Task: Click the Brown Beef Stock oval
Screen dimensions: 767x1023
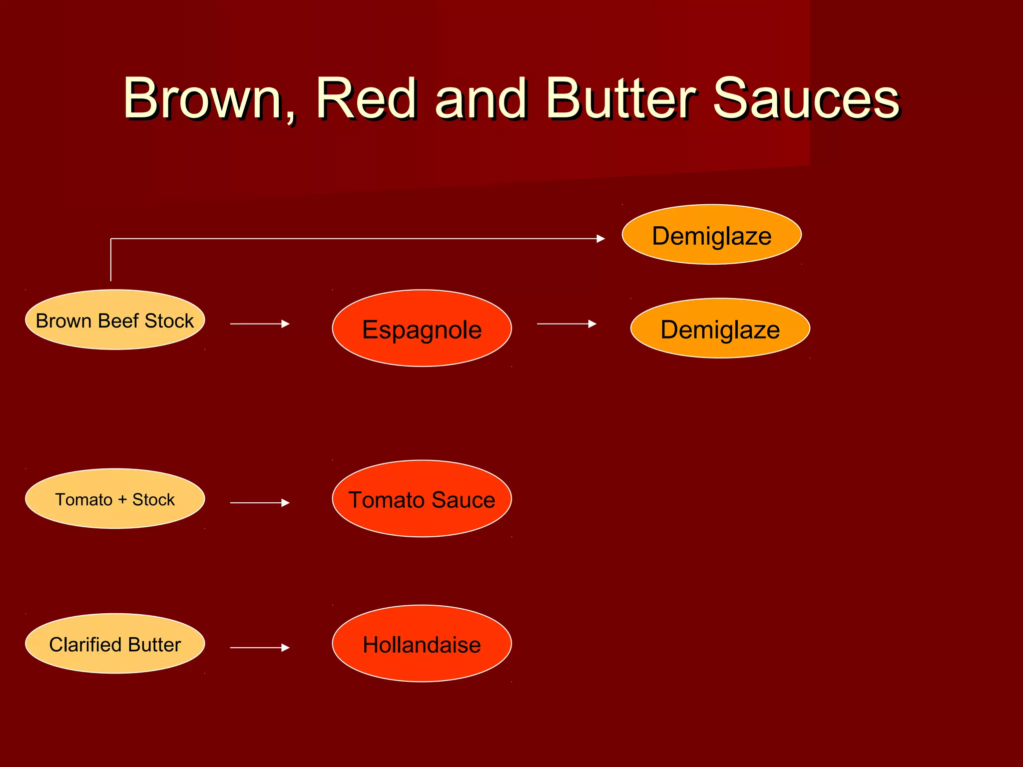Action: point(115,320)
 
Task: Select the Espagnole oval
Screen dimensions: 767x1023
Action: point(422,329)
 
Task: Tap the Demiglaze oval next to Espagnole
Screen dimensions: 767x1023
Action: point(720,329)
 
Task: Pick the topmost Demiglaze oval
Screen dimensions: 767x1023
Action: point(711,235)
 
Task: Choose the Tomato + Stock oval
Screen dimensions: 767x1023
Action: point(115,499)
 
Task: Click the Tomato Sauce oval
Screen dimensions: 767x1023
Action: point(422,499)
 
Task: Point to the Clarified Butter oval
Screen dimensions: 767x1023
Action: point(115,644)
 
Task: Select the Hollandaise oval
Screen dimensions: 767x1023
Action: point(422,644)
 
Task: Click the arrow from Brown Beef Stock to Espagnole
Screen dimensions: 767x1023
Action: point(260,324)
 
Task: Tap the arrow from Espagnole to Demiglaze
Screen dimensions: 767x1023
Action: point(566,324)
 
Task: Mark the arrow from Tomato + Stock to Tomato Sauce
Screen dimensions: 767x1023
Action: point(260,503)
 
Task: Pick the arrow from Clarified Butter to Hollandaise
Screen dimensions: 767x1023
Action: point(260,648)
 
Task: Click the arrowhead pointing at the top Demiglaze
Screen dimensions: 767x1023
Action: point(601,239)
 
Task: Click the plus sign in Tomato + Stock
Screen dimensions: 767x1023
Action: point(122,500)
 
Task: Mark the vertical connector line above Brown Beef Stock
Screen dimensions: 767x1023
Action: point(111,260)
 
